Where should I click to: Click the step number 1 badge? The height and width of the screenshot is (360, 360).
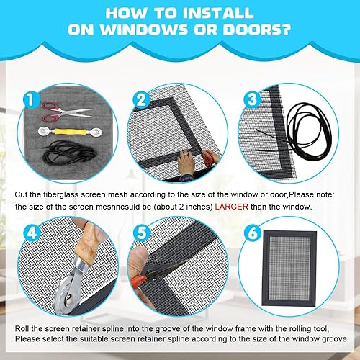[x=31, y=99]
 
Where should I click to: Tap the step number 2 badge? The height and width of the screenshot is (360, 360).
[x=141, y=99]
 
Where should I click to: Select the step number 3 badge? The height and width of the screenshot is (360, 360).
[x=252, y=99]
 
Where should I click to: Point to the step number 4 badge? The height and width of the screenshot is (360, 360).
[x=32, y=233]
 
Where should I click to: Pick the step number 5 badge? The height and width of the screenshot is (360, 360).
[x=142, y=233]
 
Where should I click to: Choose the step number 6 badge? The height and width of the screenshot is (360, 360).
[x=252, y=233]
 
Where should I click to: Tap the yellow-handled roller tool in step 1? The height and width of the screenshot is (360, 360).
[x=70, y=132]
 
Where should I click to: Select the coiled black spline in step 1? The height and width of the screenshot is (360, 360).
[x=68, y=152]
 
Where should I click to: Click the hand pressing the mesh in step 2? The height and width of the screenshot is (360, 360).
[x=186, y=163]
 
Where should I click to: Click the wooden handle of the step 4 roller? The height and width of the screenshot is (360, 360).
[x=88, y=243]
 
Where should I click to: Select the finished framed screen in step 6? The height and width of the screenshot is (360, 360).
[x=289, y=269]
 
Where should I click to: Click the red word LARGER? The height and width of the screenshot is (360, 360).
[x=231, y=207]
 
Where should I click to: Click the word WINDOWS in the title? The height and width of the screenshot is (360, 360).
[x=144, y=30]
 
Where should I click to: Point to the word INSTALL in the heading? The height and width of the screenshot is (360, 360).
[x=218, y=13]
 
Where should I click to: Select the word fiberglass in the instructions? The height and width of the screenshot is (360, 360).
[x=61, y=194]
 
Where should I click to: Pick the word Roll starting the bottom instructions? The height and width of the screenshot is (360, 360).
[x=22, y=328]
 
